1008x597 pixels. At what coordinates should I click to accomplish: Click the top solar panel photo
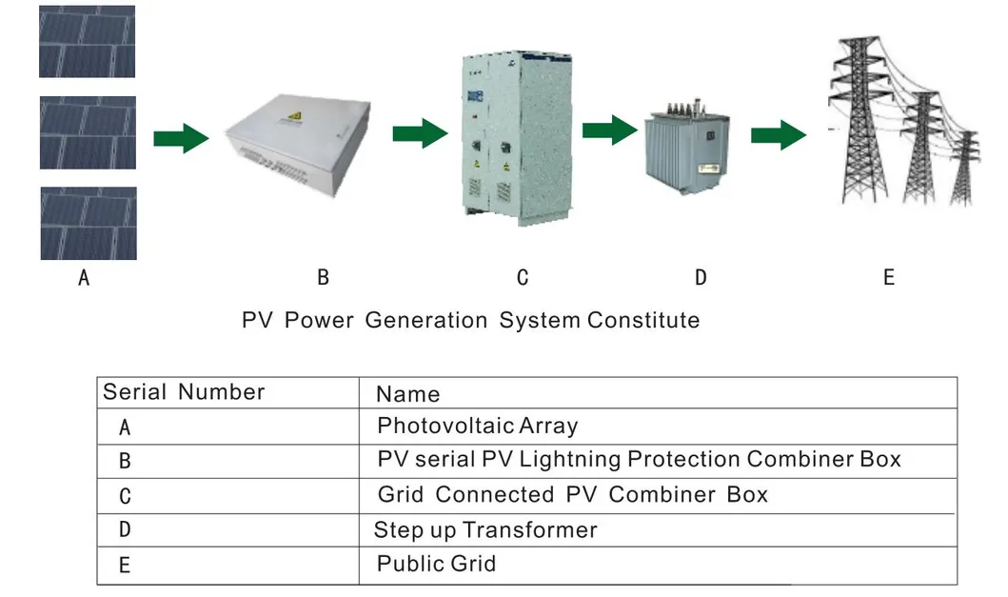pos(87,41)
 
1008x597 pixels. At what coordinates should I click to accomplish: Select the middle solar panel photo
pos(88,132)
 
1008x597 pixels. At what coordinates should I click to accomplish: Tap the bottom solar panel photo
pos(88,223)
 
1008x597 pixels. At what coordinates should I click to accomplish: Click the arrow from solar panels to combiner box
pos(181,137)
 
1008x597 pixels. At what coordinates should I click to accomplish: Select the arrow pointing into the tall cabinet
pos(420,132)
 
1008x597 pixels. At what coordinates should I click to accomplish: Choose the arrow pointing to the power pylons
pos(779,135)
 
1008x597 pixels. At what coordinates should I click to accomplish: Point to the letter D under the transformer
pos(701,278)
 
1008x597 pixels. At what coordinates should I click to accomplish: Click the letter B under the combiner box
pos(323,278)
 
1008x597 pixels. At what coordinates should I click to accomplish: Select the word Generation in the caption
pos(427,320)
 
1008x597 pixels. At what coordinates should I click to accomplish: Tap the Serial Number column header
pos(184,392)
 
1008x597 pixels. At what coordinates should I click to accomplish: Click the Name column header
pos(407,394)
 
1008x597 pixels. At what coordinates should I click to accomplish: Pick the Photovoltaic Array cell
pos(477,426)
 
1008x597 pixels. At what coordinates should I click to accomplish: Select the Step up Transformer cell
pos(485,530)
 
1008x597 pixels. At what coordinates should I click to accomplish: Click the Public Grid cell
pos(436,564)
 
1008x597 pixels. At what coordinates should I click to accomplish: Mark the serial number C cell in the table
pos(125,496)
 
